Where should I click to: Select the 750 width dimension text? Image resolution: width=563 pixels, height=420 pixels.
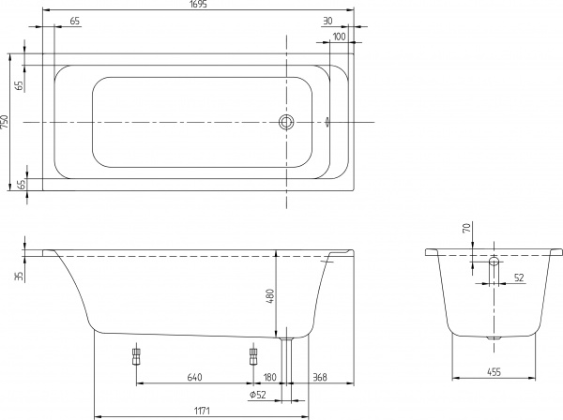pos(6,122)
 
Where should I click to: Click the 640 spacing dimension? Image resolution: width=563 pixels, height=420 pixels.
pos(194,378)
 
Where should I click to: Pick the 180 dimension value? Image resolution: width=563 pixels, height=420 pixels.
pos(269,378)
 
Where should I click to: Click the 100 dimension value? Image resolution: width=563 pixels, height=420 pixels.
pos(339,36)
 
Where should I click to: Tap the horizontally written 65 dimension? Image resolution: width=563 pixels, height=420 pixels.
pos(74,21)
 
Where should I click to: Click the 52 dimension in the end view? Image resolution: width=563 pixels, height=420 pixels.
pos(519,277)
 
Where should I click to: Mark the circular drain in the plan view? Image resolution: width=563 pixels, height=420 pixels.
pos(287,122)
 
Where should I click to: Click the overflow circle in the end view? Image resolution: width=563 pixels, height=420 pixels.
pos(495,261)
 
